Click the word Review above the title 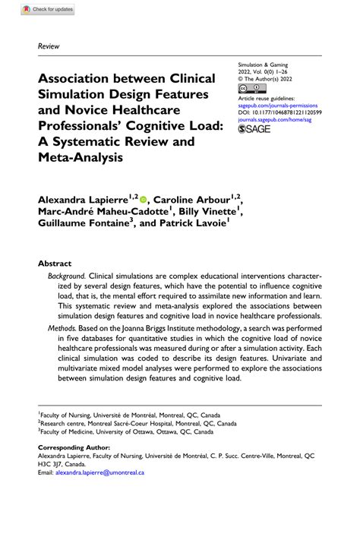click(49, 46)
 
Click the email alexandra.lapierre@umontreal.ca click(99, 472)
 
